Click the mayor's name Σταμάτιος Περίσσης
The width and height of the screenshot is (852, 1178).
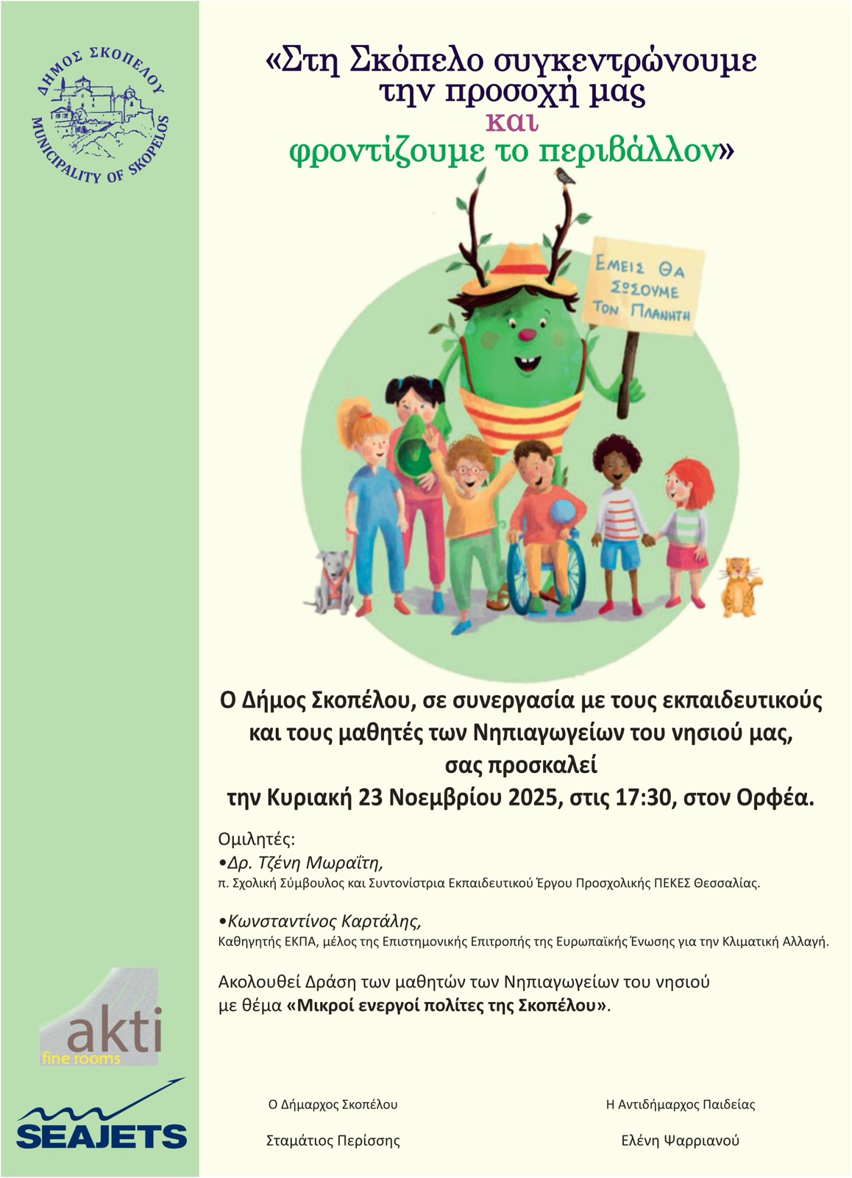tap(333, 1140)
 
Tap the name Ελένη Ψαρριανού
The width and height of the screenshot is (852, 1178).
tap(680, 1140)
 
